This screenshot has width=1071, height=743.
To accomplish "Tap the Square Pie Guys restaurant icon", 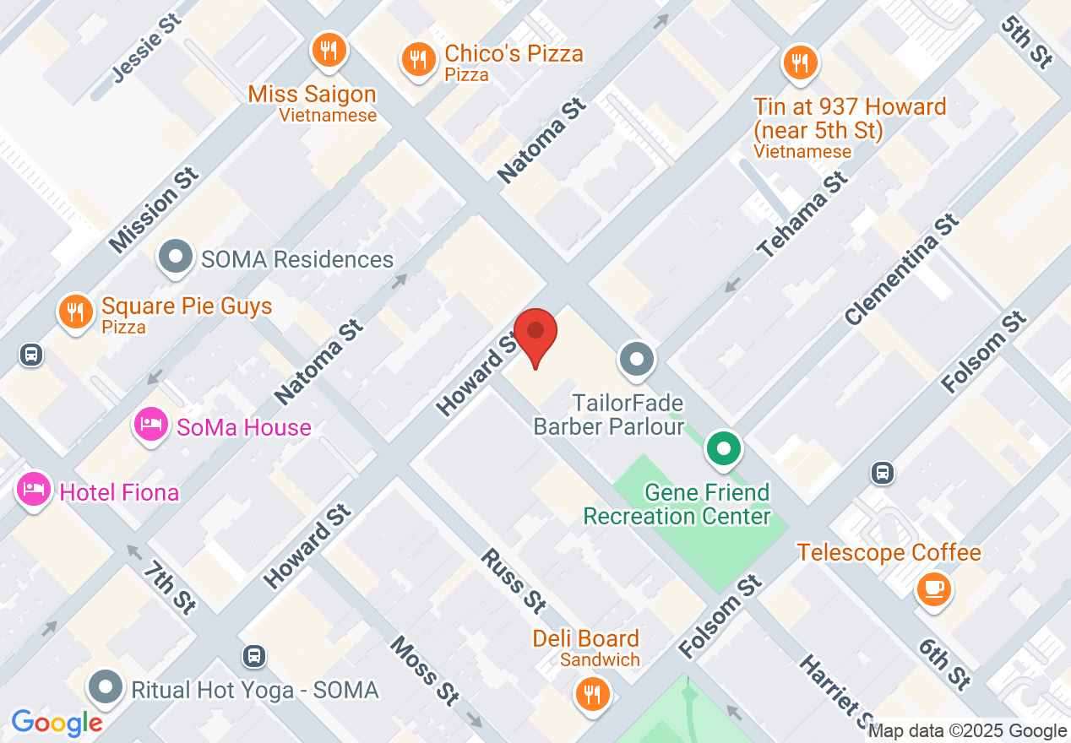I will pyautogui.click(x=76, y=312).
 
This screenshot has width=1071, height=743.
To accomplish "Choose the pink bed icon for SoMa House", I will pyautogui.click(x=151, y=424).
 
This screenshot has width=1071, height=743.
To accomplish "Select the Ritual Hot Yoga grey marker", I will pyautogui.click(x=106, y=688).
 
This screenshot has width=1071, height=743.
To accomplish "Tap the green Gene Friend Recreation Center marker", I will pyautogui.click(x=724, y=448).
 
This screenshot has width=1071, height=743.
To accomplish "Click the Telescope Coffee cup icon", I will pyautogui.click(x=933, y=588).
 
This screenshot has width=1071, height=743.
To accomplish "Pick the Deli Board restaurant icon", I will pyautogui.click(x=591, y=695).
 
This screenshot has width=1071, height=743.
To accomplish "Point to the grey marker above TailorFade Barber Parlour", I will pyautogui.click(x=638, y=360).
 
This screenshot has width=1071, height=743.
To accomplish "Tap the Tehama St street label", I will pyautogui.click(x=802, y=215).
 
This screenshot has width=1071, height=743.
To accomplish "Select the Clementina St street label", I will pyautogui.click(x=902, y=269).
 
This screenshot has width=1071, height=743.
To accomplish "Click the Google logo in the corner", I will pyautogui.click(x=57, y=723).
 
